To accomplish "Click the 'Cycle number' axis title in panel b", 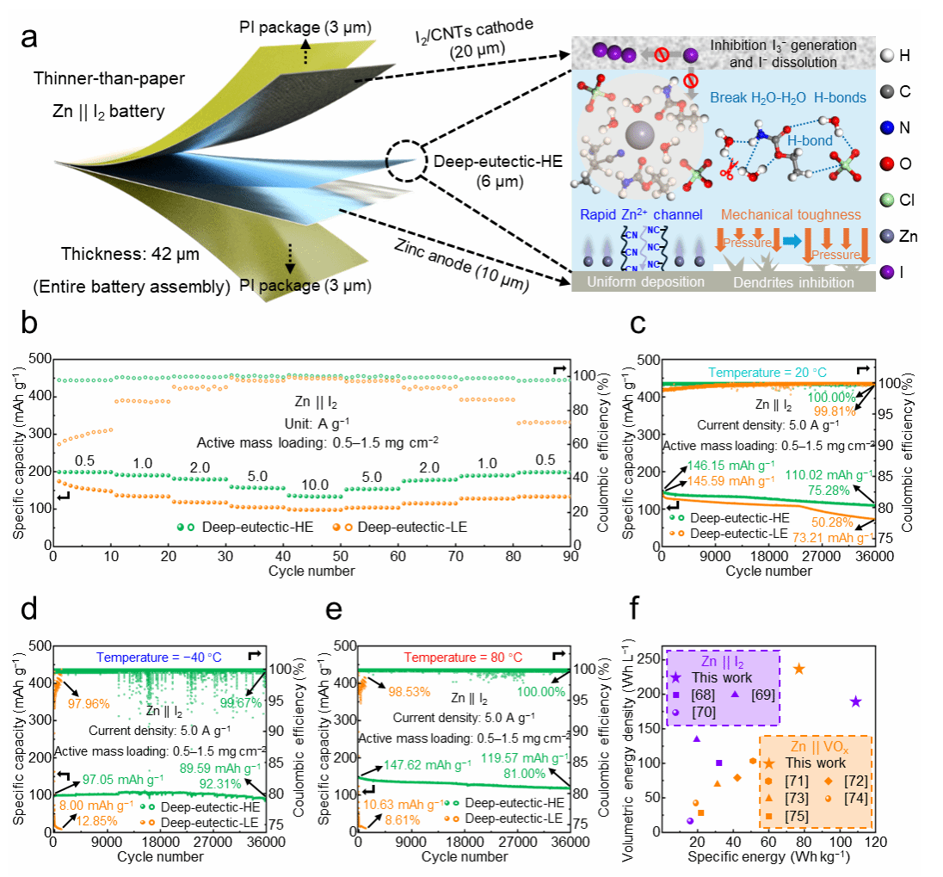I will (311, 570).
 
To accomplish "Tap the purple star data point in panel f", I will (855, 701).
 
